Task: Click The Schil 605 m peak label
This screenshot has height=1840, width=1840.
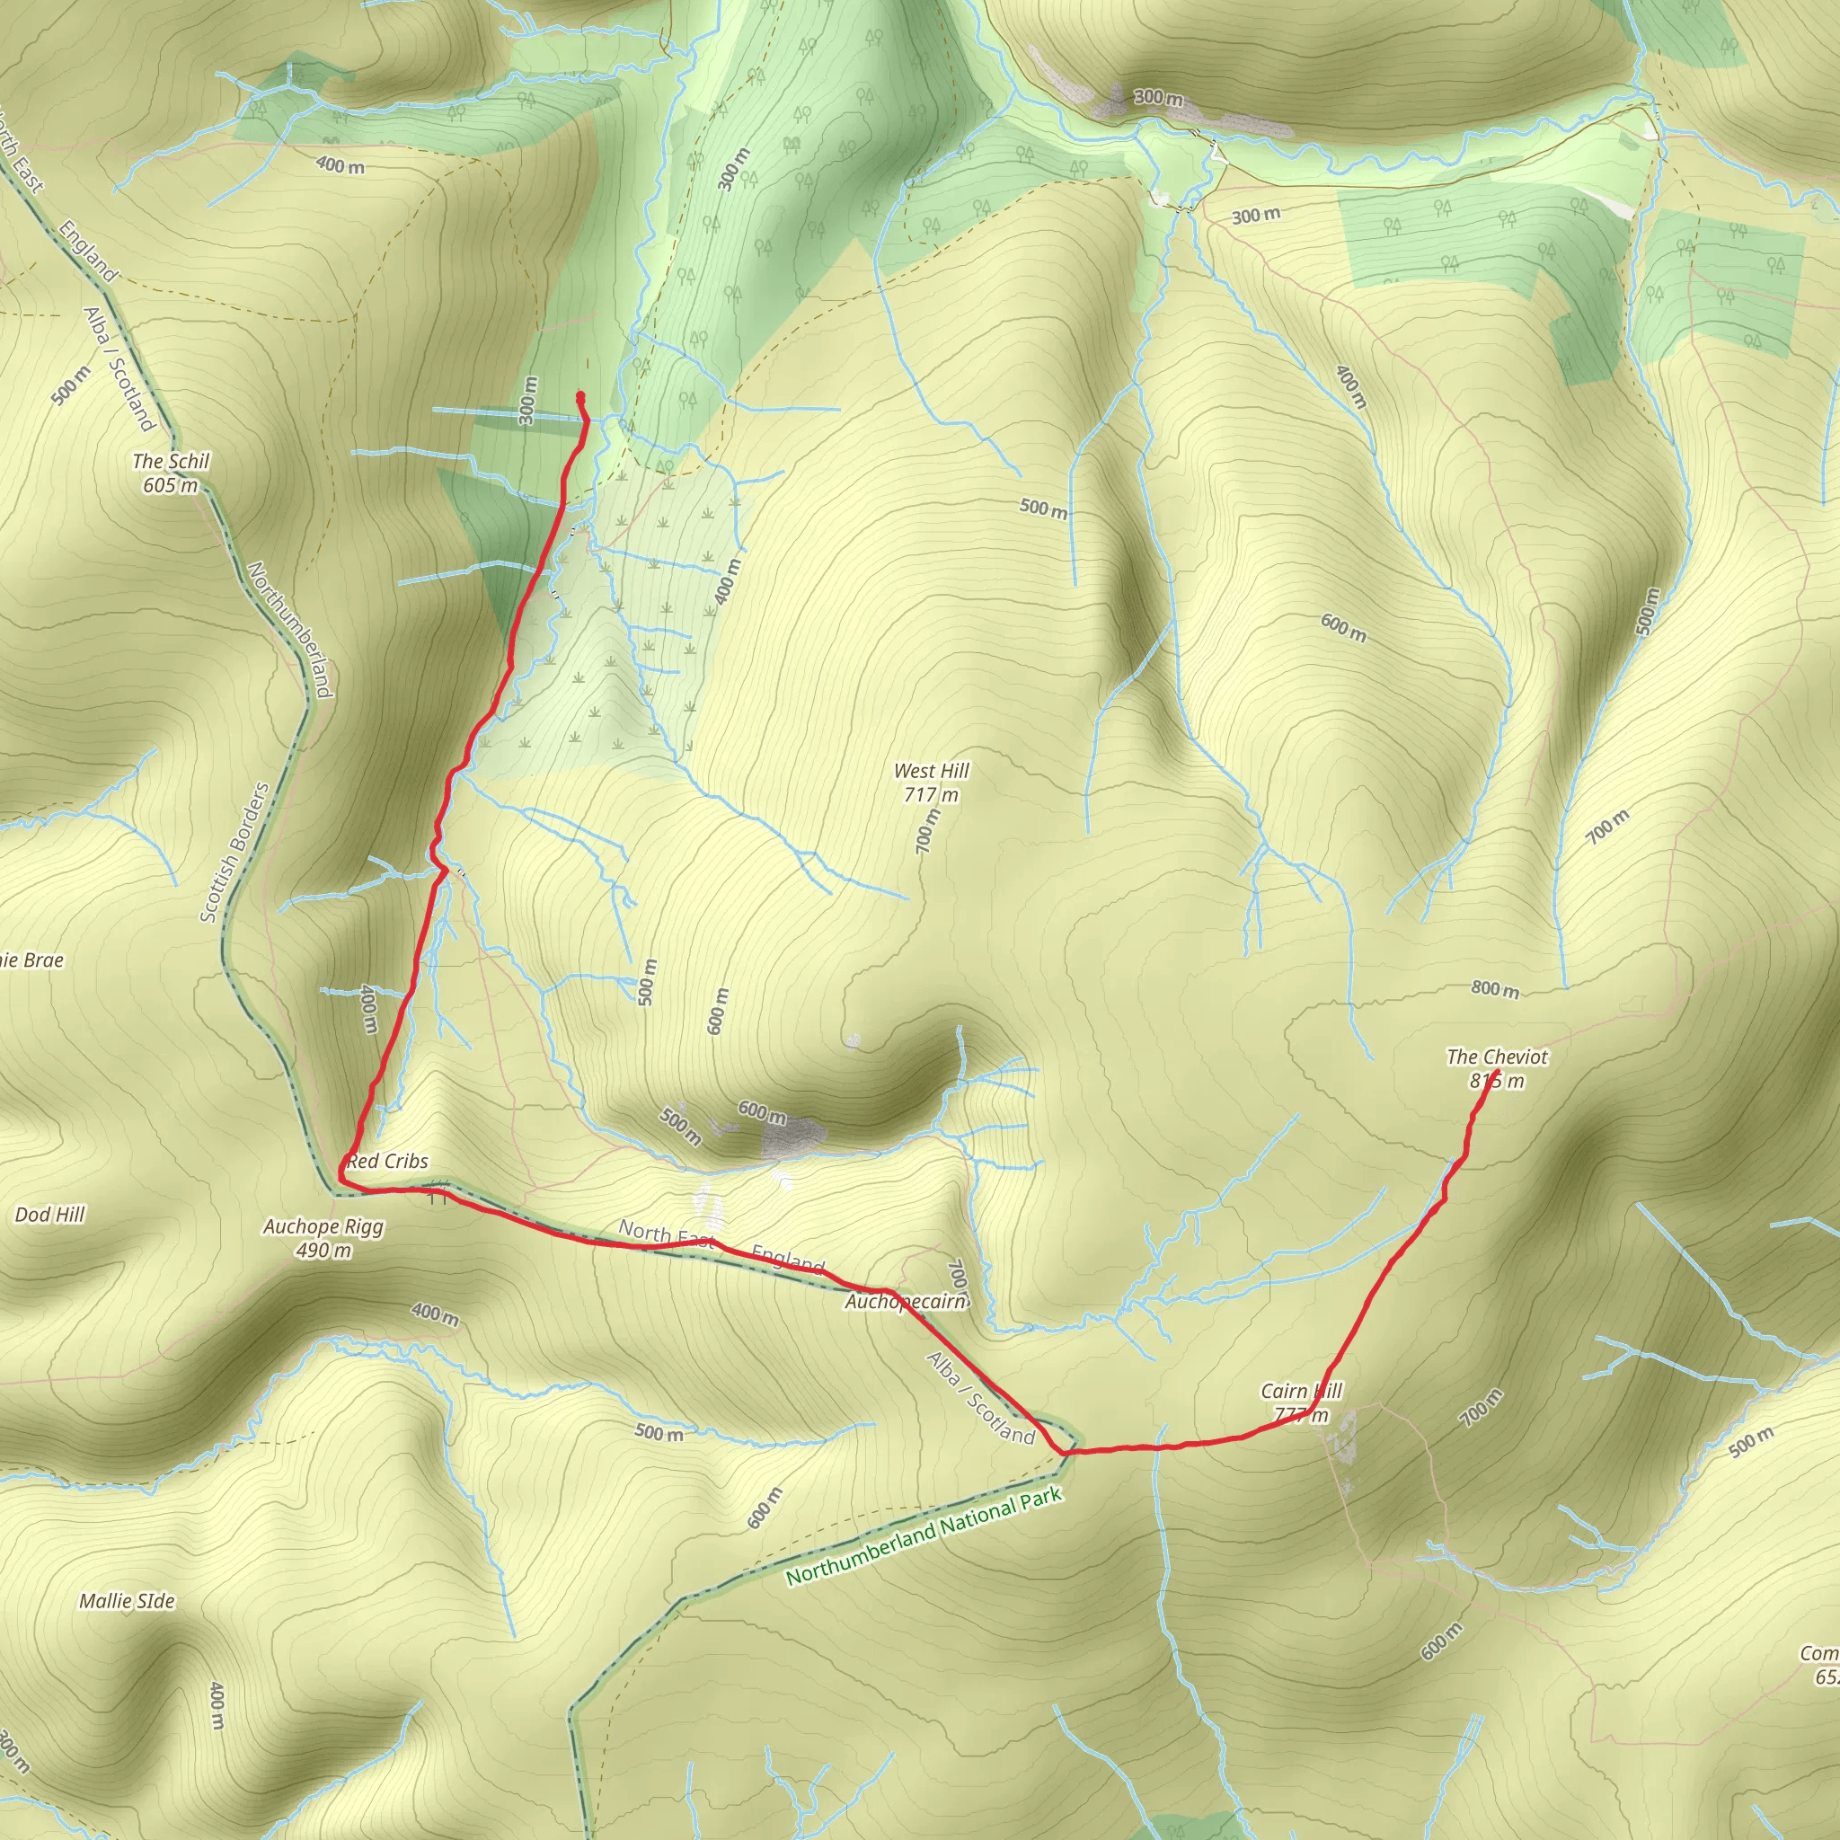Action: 171,473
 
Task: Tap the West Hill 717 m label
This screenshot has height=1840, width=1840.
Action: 931,782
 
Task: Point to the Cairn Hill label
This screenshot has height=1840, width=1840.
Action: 1300,1393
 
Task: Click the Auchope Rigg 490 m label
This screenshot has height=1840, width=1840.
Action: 323,1238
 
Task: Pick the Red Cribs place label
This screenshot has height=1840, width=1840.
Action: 387,1161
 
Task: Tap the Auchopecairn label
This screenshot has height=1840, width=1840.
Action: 906,1301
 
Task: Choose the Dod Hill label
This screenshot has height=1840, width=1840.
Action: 49,1215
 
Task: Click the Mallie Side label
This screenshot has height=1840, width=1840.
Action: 127,1601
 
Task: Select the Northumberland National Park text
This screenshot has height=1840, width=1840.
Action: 923,1536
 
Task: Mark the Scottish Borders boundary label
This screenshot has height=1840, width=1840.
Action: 234,853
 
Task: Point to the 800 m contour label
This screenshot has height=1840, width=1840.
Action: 1494,989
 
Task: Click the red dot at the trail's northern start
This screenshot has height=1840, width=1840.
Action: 581,396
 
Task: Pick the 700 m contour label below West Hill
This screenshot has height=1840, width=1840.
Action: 925,830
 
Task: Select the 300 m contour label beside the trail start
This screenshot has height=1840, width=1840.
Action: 527,400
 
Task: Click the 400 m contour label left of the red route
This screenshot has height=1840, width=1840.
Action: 369,1010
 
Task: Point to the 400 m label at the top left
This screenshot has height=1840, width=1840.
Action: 340,164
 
